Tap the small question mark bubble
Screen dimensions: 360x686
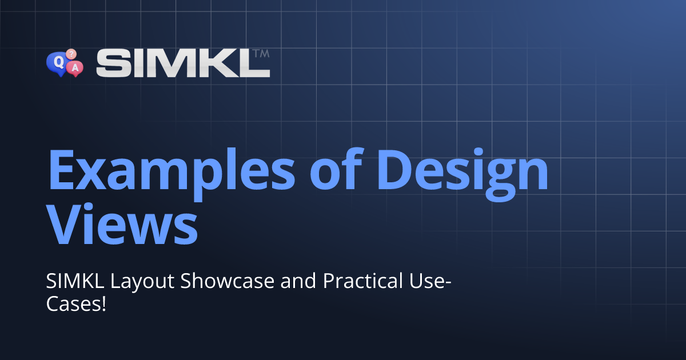point(71,54)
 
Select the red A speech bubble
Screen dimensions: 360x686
point(75,68)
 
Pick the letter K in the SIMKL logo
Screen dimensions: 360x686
point(221,63)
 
